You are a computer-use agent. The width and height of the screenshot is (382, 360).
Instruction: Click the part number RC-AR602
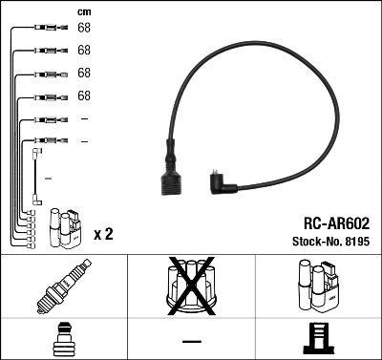click(335, 222)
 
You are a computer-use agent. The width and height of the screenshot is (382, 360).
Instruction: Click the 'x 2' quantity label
click(103, 234)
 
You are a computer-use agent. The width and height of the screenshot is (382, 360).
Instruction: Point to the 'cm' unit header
click(84, 11)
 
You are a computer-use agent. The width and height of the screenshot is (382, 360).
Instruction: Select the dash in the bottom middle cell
click(191, 341)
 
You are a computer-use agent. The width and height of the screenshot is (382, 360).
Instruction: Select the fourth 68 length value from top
click(84, 95)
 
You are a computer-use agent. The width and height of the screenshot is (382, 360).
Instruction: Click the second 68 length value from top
click(84, 50)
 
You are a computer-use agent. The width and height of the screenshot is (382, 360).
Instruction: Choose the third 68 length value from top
click(84, 73)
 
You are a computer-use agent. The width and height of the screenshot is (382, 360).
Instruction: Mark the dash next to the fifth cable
click(84, 118)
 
